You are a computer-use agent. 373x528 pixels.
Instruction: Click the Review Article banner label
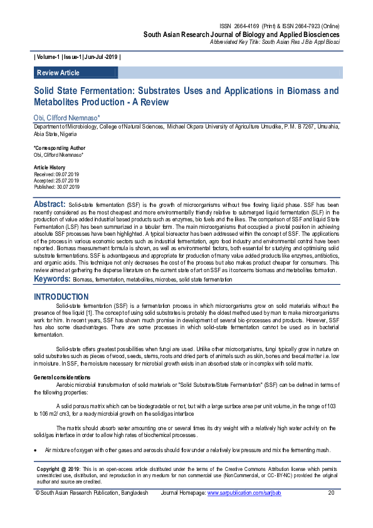(x=58, y=73)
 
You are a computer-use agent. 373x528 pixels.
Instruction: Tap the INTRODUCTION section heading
(x=61, y=297)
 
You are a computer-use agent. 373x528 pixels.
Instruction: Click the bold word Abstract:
(x=50, y=204)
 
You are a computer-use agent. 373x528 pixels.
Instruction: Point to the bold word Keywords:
(x=52, y=278)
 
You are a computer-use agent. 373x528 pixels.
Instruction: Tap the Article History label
(x=48, y=168)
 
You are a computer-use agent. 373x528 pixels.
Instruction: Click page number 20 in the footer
(x=332, y=493)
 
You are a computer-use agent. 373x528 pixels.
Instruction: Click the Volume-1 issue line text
(x=77, y=57)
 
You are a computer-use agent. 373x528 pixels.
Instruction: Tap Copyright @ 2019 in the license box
(x=58, y=468)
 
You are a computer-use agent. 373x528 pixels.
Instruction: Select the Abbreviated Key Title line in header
(x=275, y=41)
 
